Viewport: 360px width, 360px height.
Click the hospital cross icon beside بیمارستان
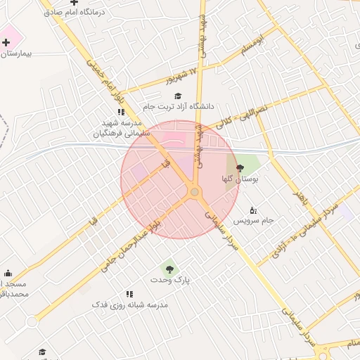6,42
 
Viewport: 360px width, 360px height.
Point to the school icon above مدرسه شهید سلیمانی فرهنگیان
121,112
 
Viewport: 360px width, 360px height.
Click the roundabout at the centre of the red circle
194,191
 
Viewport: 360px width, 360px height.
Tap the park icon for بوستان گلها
240,168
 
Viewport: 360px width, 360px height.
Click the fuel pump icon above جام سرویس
253,210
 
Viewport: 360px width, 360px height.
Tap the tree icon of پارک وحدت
169,267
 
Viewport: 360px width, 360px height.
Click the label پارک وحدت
170,280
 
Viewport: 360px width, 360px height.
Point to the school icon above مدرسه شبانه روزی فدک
129,294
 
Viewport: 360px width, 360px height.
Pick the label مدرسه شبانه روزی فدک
129,305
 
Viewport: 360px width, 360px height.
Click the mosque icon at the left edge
8,273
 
